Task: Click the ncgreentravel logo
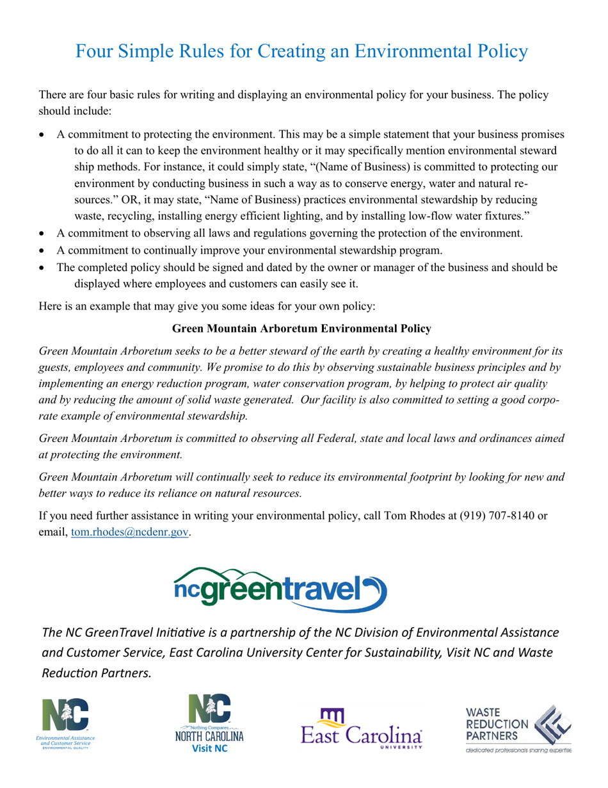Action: point(280,588)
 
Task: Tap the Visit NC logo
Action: point(211,726)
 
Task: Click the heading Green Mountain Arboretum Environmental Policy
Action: point(301,329)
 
